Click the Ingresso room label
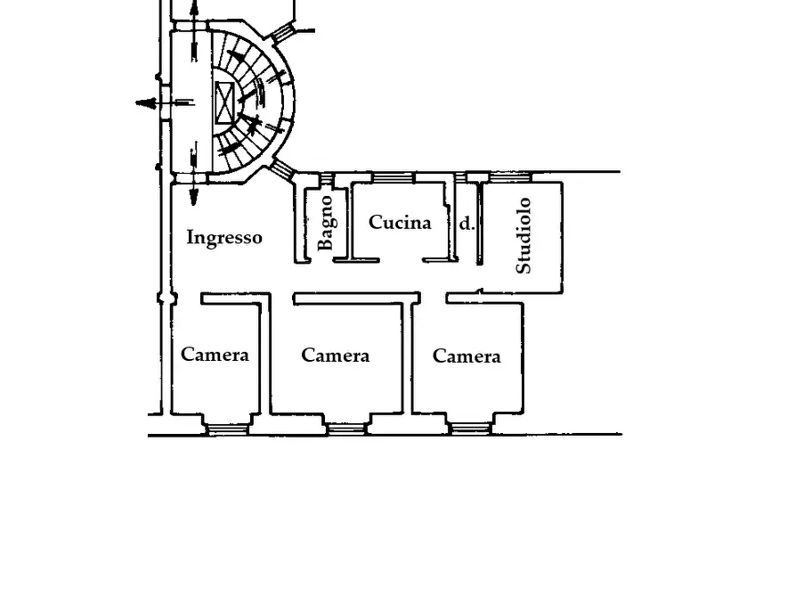224,238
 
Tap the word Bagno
325,224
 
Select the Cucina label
400,223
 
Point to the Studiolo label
523,235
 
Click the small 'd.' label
466,224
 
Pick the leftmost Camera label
215,355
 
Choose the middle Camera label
335,356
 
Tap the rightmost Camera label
466,356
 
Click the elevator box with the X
223,103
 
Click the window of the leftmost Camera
227,429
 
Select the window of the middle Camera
345,429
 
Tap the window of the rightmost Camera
469,429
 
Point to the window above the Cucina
393,177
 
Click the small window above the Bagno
327,178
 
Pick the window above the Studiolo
511,177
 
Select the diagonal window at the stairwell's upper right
283,33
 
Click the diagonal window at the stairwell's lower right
282,169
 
